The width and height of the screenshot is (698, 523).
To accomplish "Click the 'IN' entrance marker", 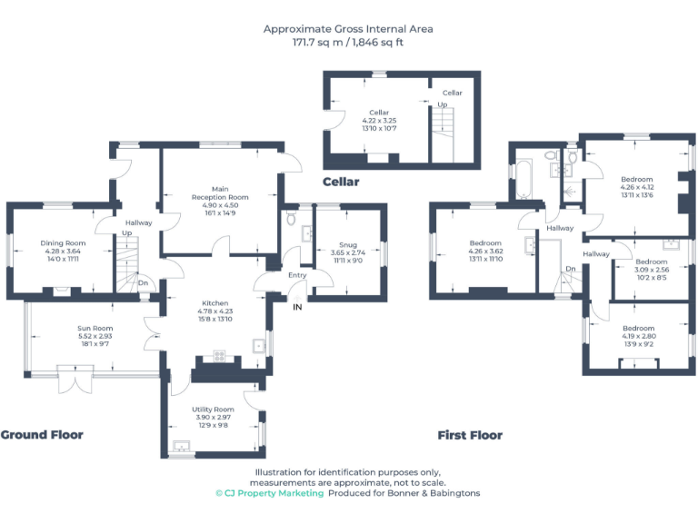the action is pyautogui.click(x=297, y=307).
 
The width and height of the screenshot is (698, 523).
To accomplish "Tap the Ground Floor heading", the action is pyautogui.click(x=42, y=435).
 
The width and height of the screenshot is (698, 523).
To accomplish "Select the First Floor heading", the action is pyautogui.click(x=470, y=436).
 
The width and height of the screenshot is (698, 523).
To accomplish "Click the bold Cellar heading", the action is pyautogui.click(x=341, y=182).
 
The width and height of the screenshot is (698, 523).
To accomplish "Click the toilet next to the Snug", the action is pyautogui.click(x=291, y=219).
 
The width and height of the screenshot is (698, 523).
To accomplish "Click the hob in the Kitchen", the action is pyautogui.click(x=219, y=355).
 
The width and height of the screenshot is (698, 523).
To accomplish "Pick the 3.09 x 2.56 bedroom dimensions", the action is pyautogui.click(x=651, y=270).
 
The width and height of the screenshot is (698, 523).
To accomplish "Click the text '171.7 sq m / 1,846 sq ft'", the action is pyautogui.click(x=348, y=43).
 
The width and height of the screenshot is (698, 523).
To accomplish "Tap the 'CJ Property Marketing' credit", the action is pyautogui.click(x=269, y=493).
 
